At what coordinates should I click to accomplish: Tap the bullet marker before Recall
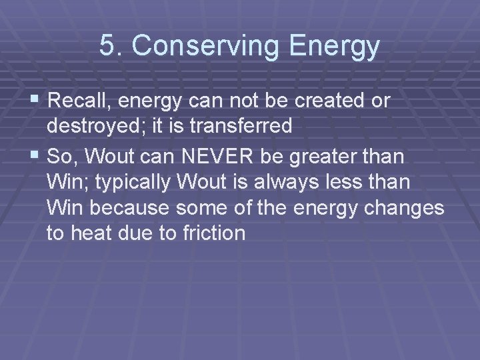tap(36, 101)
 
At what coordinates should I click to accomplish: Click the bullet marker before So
tap(36, 155)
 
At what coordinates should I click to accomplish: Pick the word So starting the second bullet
tap(59, 156)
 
